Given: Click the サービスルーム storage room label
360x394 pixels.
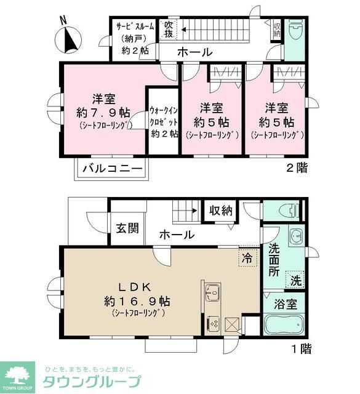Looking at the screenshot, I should pos(136,28).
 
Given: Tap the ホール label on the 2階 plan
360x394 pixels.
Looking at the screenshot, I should pos(195,52).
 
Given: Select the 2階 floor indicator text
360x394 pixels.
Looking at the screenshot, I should pos(297,167).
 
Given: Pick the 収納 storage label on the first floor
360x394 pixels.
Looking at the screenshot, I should pos(220,211).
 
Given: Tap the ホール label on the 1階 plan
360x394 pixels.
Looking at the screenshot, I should pos(177,235).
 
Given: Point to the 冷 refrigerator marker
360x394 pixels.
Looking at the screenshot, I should pos(247,259).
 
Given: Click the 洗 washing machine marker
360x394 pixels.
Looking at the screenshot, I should pos(296,278).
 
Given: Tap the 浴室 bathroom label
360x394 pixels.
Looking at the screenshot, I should pos(286,304).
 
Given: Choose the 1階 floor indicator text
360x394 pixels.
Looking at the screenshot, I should pos(300,350).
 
